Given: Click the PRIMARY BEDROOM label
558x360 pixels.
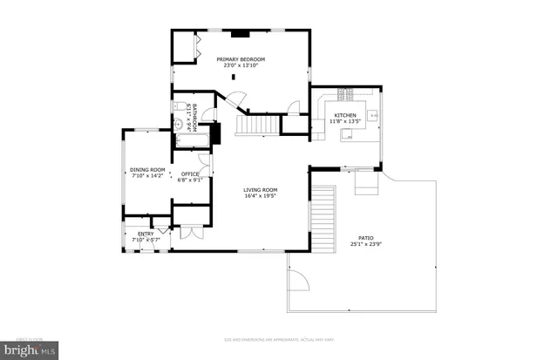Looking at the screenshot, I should pos(241,59).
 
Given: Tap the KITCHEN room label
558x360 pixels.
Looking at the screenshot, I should pos(345,115).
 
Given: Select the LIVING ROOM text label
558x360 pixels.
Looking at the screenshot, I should pos(260,189).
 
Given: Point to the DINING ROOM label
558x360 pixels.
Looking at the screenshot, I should pos(147,169).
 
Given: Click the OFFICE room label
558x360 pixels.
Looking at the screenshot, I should pos(189,174).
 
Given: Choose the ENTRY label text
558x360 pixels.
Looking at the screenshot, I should pos(145,234).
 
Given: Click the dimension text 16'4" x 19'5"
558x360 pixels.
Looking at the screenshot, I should pos(260,196).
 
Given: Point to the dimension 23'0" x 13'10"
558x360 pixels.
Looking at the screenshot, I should pos(241,66).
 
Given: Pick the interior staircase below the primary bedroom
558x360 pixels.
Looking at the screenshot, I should pos(258,127).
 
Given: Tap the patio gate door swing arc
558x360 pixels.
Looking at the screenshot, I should pos(299,282).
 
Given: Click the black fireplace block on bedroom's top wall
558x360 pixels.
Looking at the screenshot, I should pos(240,35).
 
